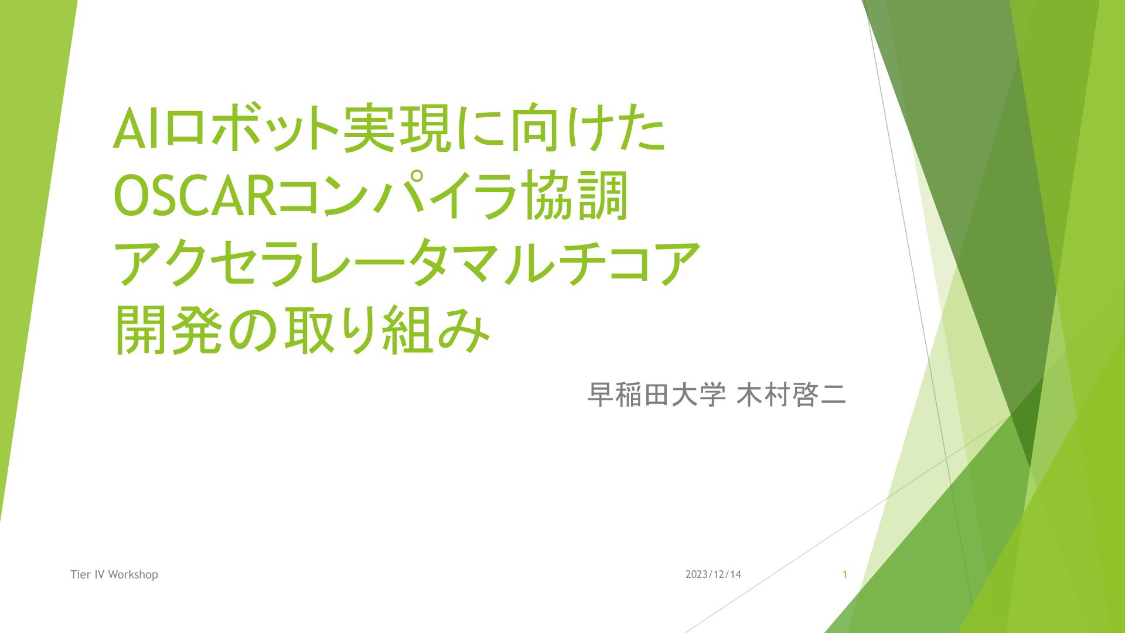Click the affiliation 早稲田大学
[x=657, y=395]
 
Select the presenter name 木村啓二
[x=791, y=395]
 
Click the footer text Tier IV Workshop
[x=114, y=574]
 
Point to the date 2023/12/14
[x=713, y=574]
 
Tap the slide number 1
[x=845, y=574]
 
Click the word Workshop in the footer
[x=133, y=574]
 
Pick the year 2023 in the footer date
[x=697, y=574]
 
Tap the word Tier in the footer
[x=81, y=574]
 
